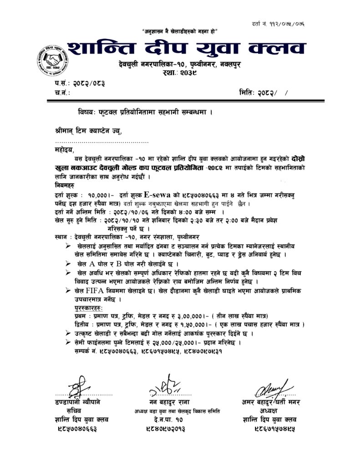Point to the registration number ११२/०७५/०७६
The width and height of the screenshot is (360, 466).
tap(298, 23)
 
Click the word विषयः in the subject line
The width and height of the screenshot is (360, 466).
tap(86, 111)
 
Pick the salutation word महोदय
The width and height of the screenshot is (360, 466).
tap(62, 149)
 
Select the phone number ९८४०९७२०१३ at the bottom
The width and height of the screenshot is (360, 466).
tap(168, 429)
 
